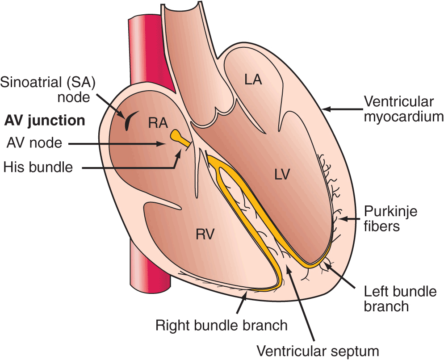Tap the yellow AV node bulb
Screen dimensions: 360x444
tap(176, 134)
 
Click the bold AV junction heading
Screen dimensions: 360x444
tap(44, 120)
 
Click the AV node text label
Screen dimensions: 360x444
tap(34, 143)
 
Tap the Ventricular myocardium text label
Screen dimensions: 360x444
tap(403, 109)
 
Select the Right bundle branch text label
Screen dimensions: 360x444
tap(222, 325)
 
